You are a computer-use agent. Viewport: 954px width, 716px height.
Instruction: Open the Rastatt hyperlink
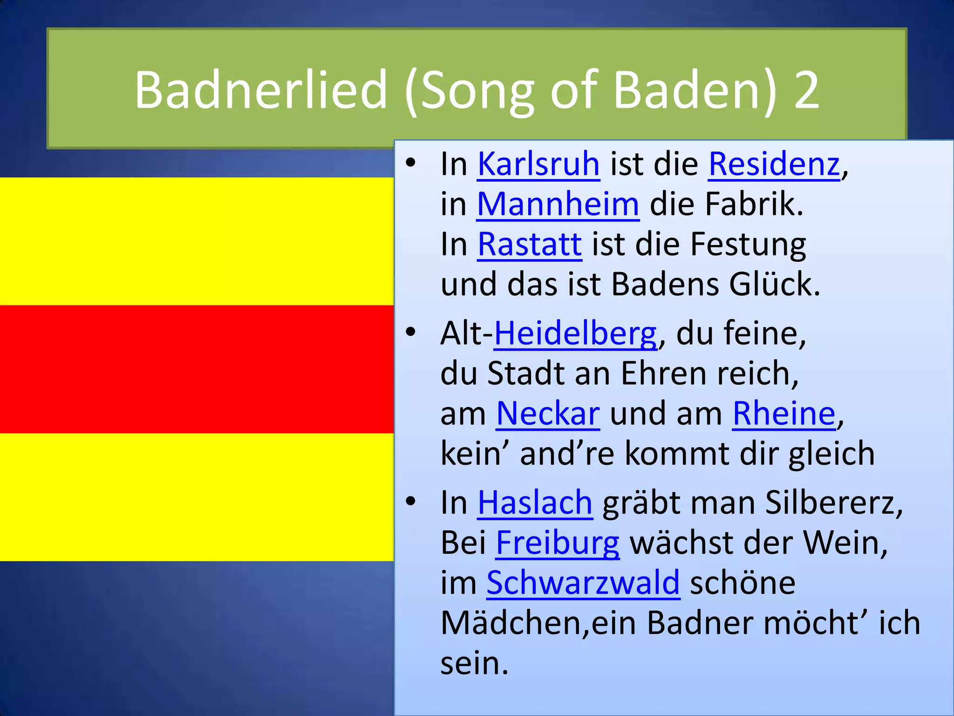pos(530,244)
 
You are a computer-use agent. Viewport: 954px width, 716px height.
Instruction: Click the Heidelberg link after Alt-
pos(575,334)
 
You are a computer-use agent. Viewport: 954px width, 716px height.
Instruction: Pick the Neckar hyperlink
pos(548,414)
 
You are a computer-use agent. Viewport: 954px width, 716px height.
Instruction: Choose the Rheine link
pos(784,414)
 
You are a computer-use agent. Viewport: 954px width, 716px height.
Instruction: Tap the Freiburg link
pos(558,543)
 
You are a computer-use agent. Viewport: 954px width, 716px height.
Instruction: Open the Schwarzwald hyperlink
pos(583,583)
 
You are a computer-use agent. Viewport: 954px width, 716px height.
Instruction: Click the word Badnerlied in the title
pos(261,89)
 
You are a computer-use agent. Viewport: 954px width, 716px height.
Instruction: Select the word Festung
pos(748,244)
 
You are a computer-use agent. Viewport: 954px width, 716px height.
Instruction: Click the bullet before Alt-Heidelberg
pos(410,332)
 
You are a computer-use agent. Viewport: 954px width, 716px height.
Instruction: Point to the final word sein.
pos(474,663)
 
